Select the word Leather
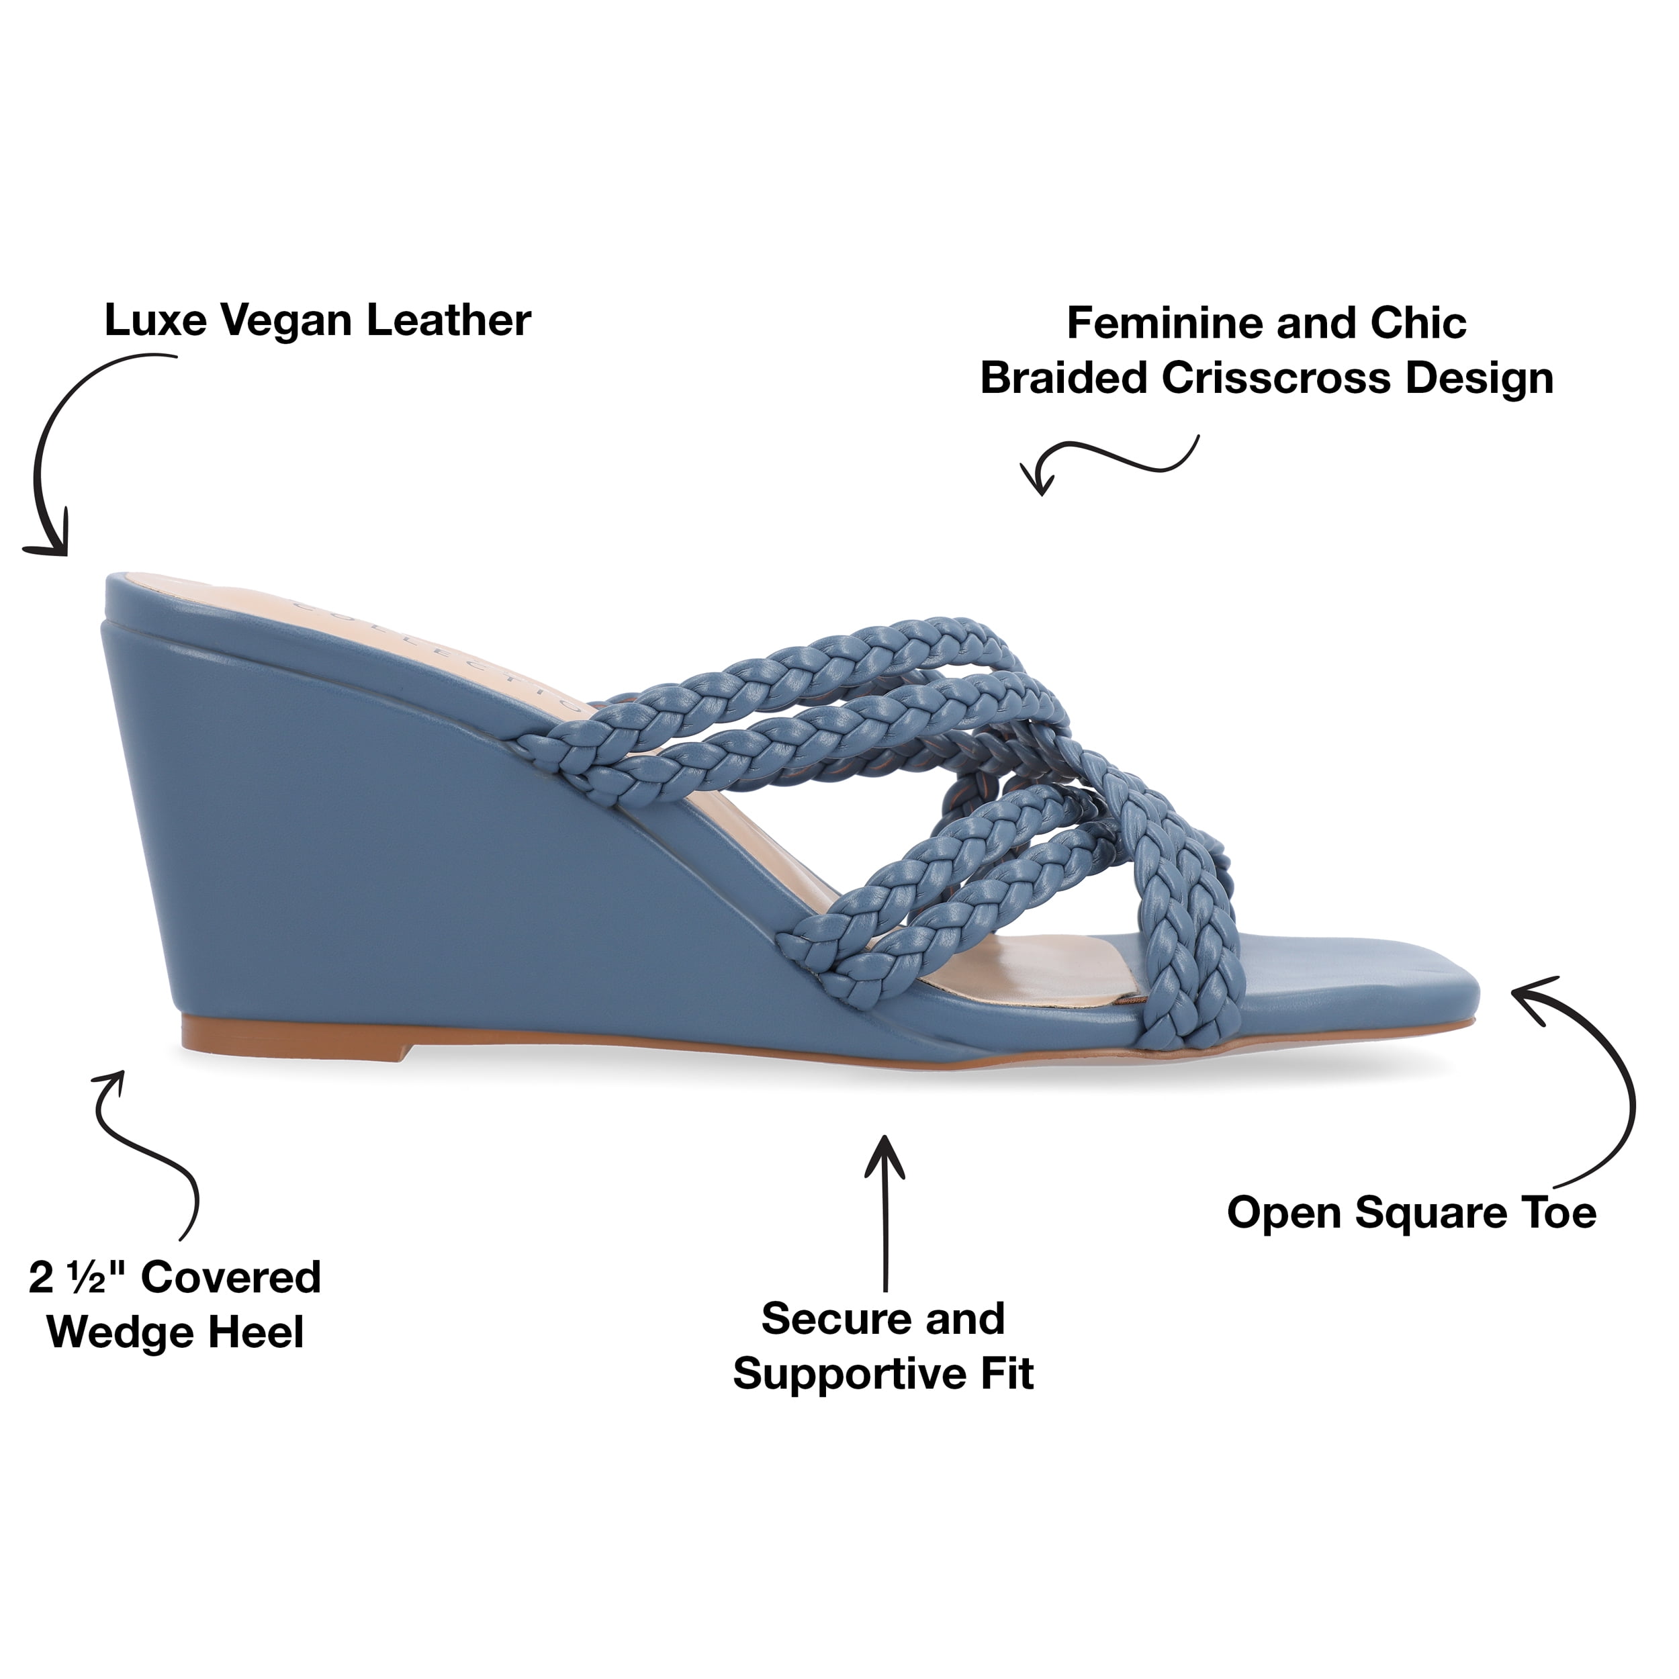(x=449, y=320)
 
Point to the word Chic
(x=1418, y=324)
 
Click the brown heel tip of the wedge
(x=296, y=1040)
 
